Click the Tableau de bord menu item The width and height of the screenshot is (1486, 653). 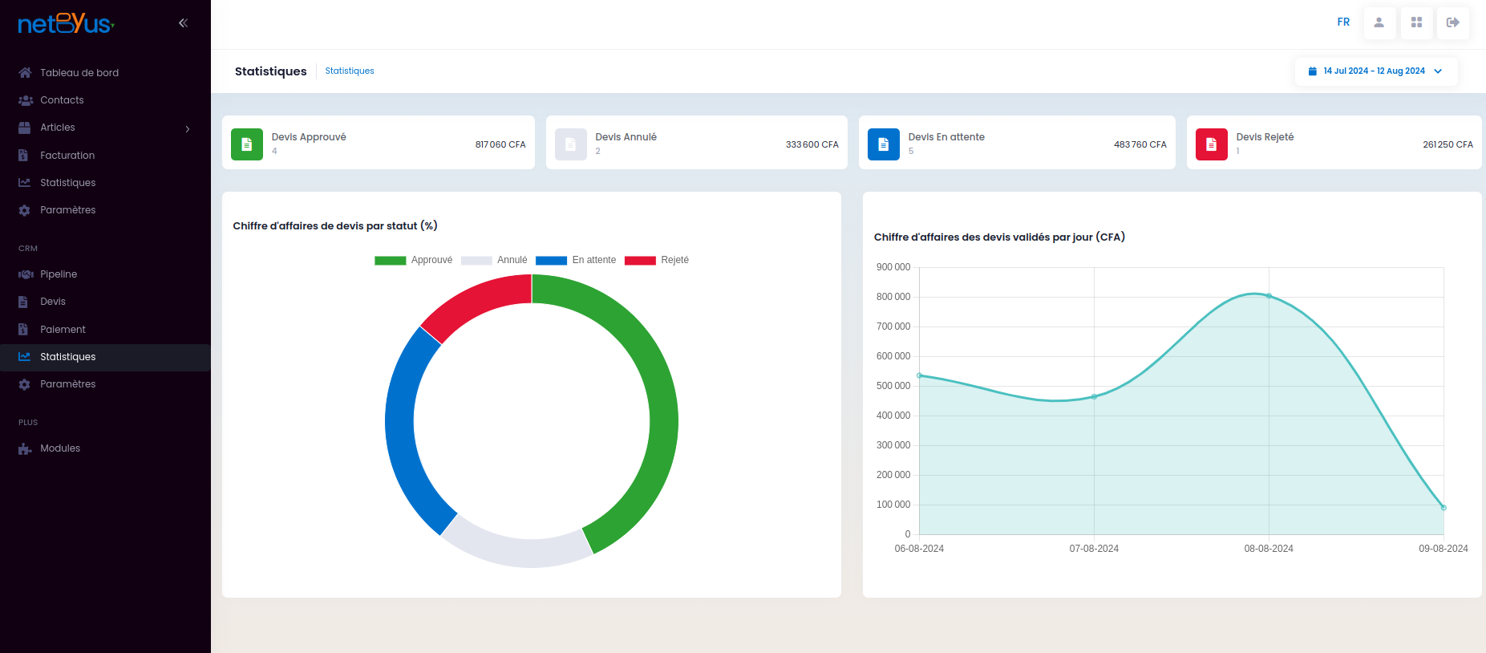click(x=79, y=73)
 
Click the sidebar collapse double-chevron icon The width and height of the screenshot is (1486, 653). click(x=183, y=23)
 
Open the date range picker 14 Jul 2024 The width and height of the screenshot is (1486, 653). click(x=1375, y=71)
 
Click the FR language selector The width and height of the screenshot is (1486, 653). click(x=1343, y=22)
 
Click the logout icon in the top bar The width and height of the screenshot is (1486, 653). click(x=1452, y=22)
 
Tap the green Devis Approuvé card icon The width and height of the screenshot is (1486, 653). click(x=247, y=144)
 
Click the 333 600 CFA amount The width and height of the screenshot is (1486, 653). click(x=812, y=144)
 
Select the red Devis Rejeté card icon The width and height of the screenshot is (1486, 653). click(x=1211, y=144)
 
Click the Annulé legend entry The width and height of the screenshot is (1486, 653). click(x=494, y=260)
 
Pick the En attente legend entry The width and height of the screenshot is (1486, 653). click(x=576, y=260)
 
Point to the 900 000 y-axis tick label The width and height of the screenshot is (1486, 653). click(x=893, y=267)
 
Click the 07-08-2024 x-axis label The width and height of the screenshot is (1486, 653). click(x=1094, y=549)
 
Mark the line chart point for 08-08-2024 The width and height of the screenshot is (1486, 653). click(x=1269, y=296)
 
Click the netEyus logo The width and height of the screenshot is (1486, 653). click(x=66, y=23)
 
